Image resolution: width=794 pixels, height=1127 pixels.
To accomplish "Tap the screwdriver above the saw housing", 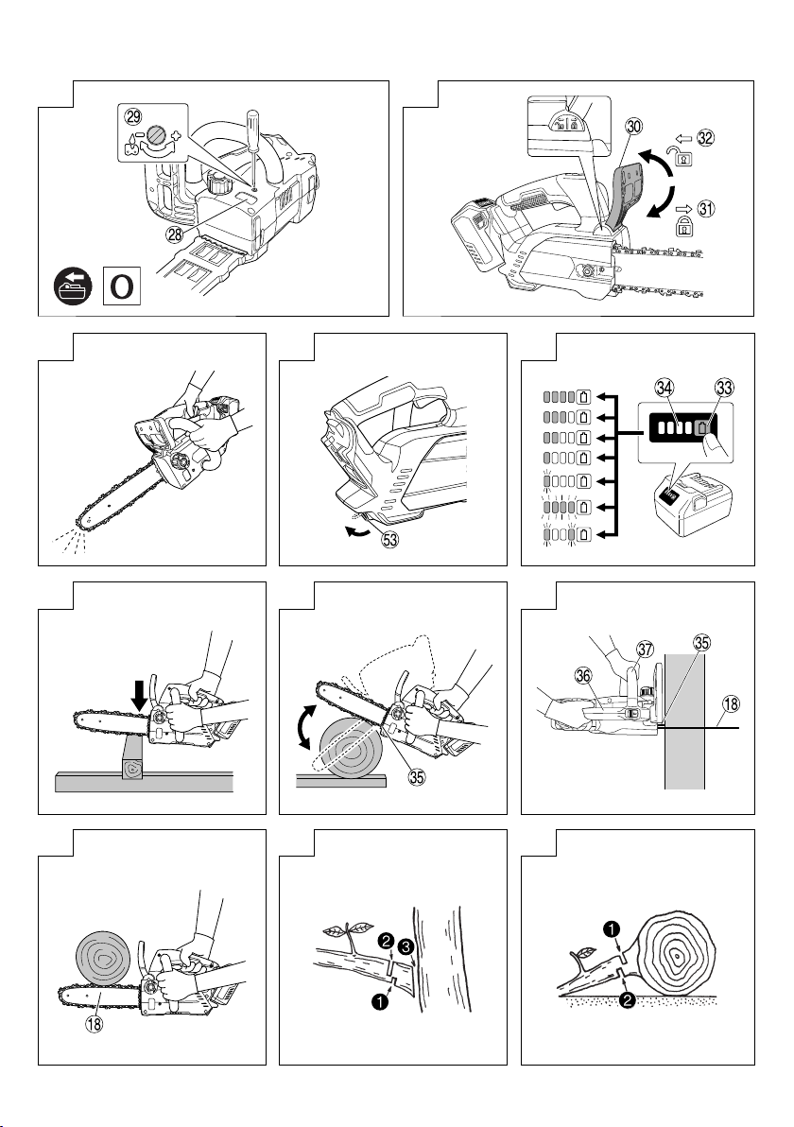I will [x=254, y=133].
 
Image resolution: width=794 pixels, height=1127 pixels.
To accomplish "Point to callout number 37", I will [x=645, y=649].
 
